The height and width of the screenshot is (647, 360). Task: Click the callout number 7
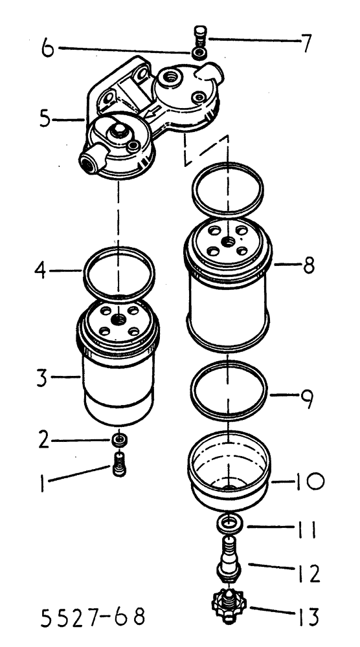[304, 44]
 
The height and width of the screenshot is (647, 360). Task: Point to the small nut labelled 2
[118, 441]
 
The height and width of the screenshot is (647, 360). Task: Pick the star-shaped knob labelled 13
[230, 605]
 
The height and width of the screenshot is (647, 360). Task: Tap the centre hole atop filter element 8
[228, 241]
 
